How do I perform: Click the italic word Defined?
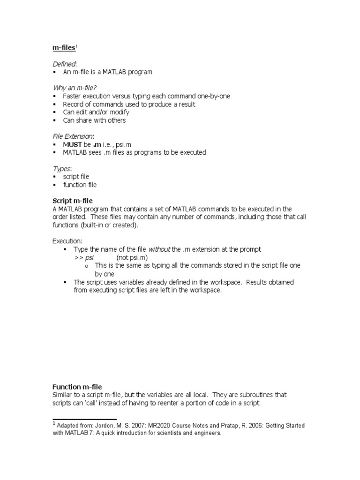(x=63, y=63)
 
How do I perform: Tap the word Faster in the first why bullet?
(x=73, y=96)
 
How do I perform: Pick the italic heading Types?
(x=60, y=168)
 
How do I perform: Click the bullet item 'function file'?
(x=80, y=185)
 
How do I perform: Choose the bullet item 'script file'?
(x=76, y=177)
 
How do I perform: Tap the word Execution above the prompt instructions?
(x=67, y=241)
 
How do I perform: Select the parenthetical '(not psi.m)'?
(x=132, y=257)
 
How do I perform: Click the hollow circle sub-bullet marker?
(x=87, y=266)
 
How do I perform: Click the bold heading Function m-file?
(x=77, y=387)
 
